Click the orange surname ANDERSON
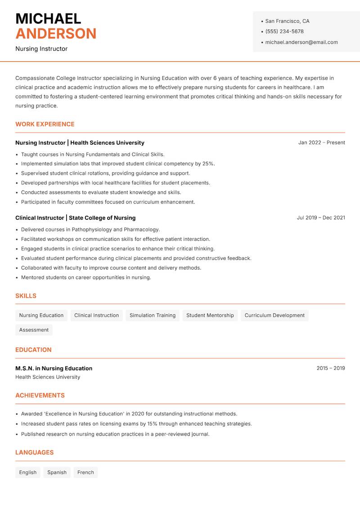56,34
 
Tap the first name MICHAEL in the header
48,18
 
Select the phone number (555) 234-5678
284,31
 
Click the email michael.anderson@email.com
301,42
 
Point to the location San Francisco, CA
287,21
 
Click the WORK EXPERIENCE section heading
45,124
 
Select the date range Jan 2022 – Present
321,143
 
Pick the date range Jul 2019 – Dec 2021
321,218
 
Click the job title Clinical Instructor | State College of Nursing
75,218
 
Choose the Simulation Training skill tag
153,316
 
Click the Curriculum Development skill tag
274,316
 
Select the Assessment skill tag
34,330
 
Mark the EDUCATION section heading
33,350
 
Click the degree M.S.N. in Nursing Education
54,368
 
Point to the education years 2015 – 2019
330,368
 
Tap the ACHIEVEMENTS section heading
40,396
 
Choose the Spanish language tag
57,472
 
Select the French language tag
85,472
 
